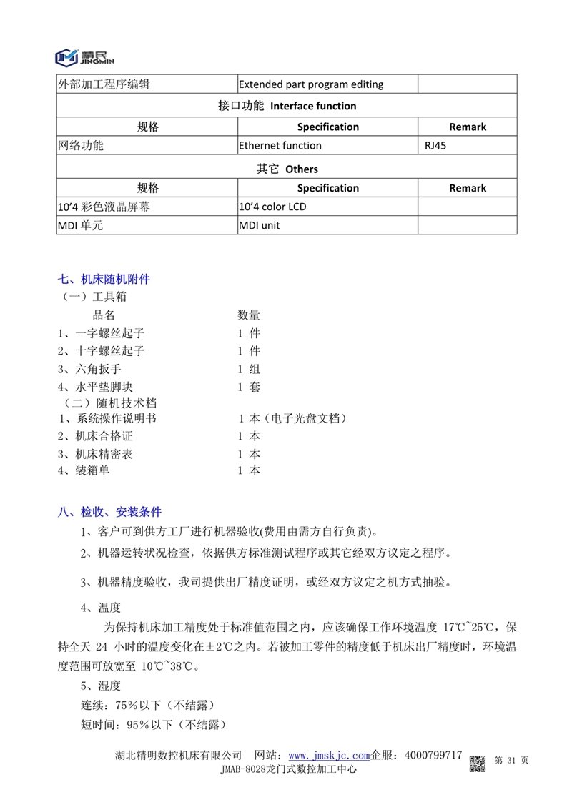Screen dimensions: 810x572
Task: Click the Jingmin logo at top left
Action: point(84,56)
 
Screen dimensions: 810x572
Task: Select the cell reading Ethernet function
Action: point(280,146)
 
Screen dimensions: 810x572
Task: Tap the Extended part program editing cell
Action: point(311,84)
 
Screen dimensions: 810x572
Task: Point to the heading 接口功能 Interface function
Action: point(287,106)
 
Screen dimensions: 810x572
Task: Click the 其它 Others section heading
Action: point(287,169)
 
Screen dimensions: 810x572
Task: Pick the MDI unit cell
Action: point(260,226)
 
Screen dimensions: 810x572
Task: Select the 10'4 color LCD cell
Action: point(272,207)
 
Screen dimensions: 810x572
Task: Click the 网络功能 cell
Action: point(80,146)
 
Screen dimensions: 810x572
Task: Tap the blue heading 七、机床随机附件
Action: point(104,279)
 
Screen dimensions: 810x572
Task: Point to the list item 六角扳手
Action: point(103,369)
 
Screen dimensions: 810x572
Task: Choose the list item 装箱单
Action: point(93,470)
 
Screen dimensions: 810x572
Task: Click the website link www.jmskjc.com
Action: point(329,756)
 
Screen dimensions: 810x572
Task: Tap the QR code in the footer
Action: point(478,763)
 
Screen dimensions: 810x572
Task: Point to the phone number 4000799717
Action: point(433,756)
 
